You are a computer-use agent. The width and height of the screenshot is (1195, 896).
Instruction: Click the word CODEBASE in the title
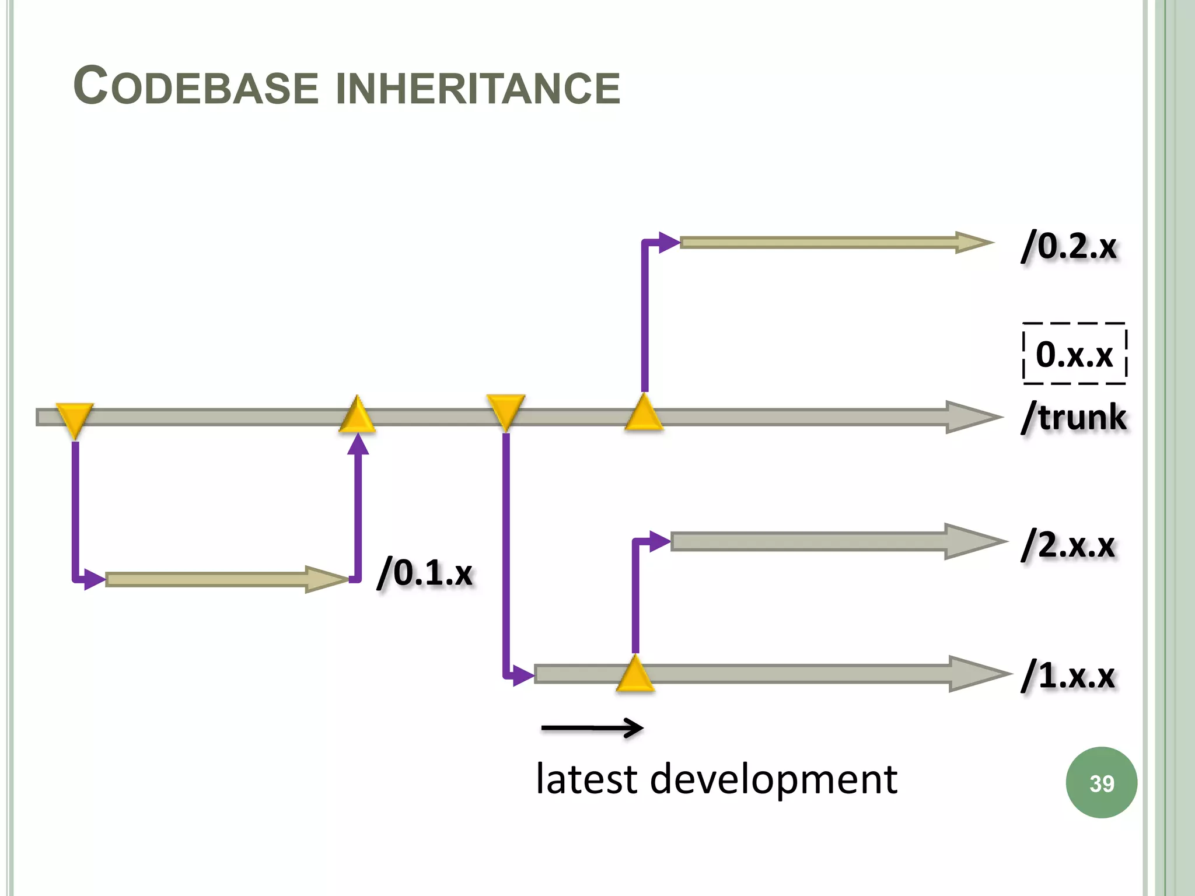coord(195,87)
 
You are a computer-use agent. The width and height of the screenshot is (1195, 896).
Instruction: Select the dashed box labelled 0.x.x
coord(1074,353)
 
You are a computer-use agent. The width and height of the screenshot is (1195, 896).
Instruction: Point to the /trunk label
coord(1074,417)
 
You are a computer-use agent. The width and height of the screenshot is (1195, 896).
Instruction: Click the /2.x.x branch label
coord(1068,545)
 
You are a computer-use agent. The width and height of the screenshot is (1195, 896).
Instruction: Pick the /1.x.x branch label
coord(1068,675)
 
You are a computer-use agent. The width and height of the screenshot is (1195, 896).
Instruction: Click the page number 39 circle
coord(1101,783)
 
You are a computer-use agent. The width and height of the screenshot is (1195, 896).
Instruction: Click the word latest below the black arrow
coord(586,779)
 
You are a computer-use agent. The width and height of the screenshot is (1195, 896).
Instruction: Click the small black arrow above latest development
coord(592,727)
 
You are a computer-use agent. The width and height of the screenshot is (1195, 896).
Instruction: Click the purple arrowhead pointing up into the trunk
coord(358,444)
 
